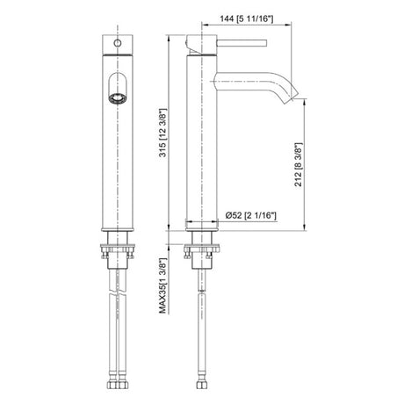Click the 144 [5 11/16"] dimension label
tap(247, 19)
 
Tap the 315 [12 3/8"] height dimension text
tap(163, 133)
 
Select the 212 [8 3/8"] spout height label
tap(298, 164)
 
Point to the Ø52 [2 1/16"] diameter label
tap(251, 215)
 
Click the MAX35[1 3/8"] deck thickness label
tap(163, 286)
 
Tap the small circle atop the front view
tap(118, 43)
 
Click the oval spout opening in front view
tap(118, 89)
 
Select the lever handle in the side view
tap(242, 43)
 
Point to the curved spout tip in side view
tap(292, 95)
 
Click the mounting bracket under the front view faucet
tap(118, 250)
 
